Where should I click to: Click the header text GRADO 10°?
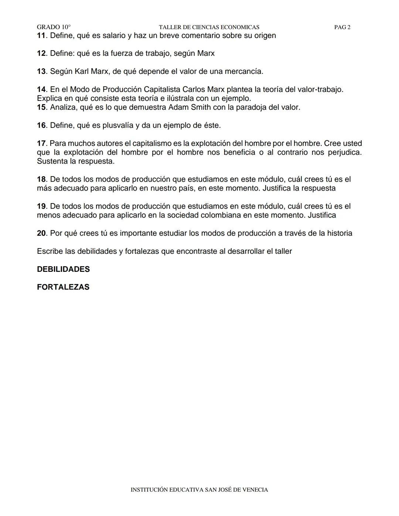pyautogui.click(x=54, y=27)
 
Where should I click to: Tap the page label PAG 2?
pyautogui.click(x=342, y=27)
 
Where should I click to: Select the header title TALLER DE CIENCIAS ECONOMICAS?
pyautogui.click(x=209, y=27)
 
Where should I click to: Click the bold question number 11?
pyautogui.click(x=41, y=36)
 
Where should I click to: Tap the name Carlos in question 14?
pyautogui.click(x=194, y=89)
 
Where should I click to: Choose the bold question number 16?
pyautogui.click(x=41, y=126)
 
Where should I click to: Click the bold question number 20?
pyautogui.click(x=41, y=233)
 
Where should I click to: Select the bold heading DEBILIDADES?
pyautogui.click(x=63, y=269)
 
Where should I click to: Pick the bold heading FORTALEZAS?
pyautogui.click(x=63, y=287)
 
